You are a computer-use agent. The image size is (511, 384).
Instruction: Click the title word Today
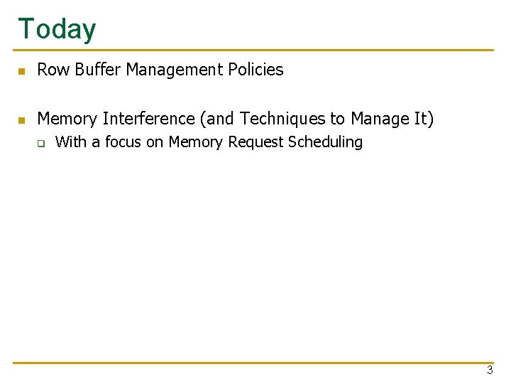57,29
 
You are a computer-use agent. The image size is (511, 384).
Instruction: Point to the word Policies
255,70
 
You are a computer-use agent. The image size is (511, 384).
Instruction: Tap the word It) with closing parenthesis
423,118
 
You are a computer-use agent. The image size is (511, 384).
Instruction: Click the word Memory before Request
196,142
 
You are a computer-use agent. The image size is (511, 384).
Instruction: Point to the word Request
255,142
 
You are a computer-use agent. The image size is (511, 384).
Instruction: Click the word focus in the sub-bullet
123,142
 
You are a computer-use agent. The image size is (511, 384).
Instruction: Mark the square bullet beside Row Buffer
22,71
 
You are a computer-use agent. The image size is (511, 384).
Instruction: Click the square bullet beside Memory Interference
22,119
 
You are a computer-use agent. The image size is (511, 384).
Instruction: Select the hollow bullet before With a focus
41,144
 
